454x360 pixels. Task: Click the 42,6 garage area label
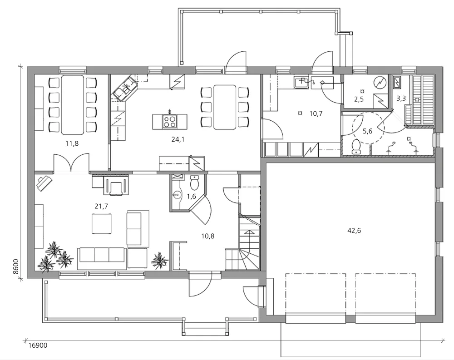[354, 231]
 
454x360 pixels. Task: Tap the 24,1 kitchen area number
[178, 140]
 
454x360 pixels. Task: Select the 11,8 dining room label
[72, 143]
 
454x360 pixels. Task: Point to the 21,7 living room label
[101, 206]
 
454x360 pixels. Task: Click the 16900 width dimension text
[38, 345]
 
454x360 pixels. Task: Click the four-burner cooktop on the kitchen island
[170, 122]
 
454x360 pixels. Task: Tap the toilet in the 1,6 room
[194, 182]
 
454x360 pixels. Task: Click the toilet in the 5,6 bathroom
[355, 146]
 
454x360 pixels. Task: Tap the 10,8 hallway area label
[208, 237]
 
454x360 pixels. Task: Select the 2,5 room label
[359, 99]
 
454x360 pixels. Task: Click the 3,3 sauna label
[401, 99]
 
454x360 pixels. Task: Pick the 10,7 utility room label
[316, 113]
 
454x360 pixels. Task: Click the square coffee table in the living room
[102, 223]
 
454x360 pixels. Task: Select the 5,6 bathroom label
[367, 132]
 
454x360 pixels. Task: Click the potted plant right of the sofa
[159, 261]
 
